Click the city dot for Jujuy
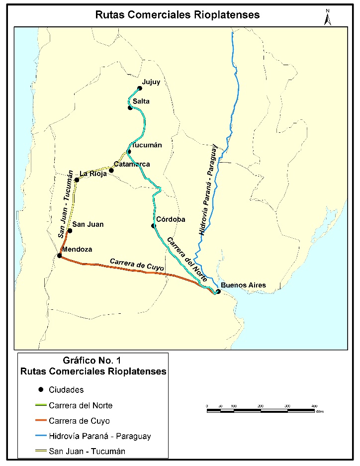click(140, 88)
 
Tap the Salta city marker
click(130, 107)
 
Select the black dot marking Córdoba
click(154, 226)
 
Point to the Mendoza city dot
click(59, 256)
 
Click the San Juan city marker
click(70, 230)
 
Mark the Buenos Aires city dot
click(218, 291)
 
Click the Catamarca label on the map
click(132, 164)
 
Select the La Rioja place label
click(93, 174)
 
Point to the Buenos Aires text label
click(244, 285)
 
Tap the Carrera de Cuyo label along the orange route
click(136, 264)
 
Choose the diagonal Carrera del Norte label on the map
click(186, 259)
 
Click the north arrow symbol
click(327, 17)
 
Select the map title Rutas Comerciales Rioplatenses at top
click(178, 15)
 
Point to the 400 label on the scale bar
click(314, 406)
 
